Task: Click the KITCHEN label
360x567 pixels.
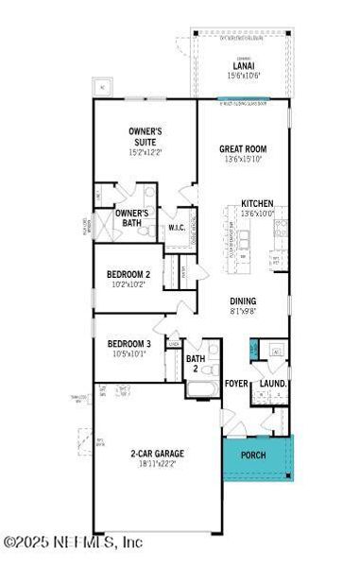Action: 259,203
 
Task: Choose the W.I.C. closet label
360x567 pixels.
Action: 177,228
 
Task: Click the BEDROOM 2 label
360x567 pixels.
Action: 129,274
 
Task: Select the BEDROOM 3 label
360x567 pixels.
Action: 129,344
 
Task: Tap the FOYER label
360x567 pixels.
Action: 236,384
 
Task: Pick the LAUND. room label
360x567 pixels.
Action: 273,384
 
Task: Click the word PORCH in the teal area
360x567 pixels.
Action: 253,455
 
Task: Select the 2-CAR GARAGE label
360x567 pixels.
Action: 157,454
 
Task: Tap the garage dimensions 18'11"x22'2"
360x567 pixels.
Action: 157,464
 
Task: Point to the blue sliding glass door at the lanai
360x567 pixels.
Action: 243,99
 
